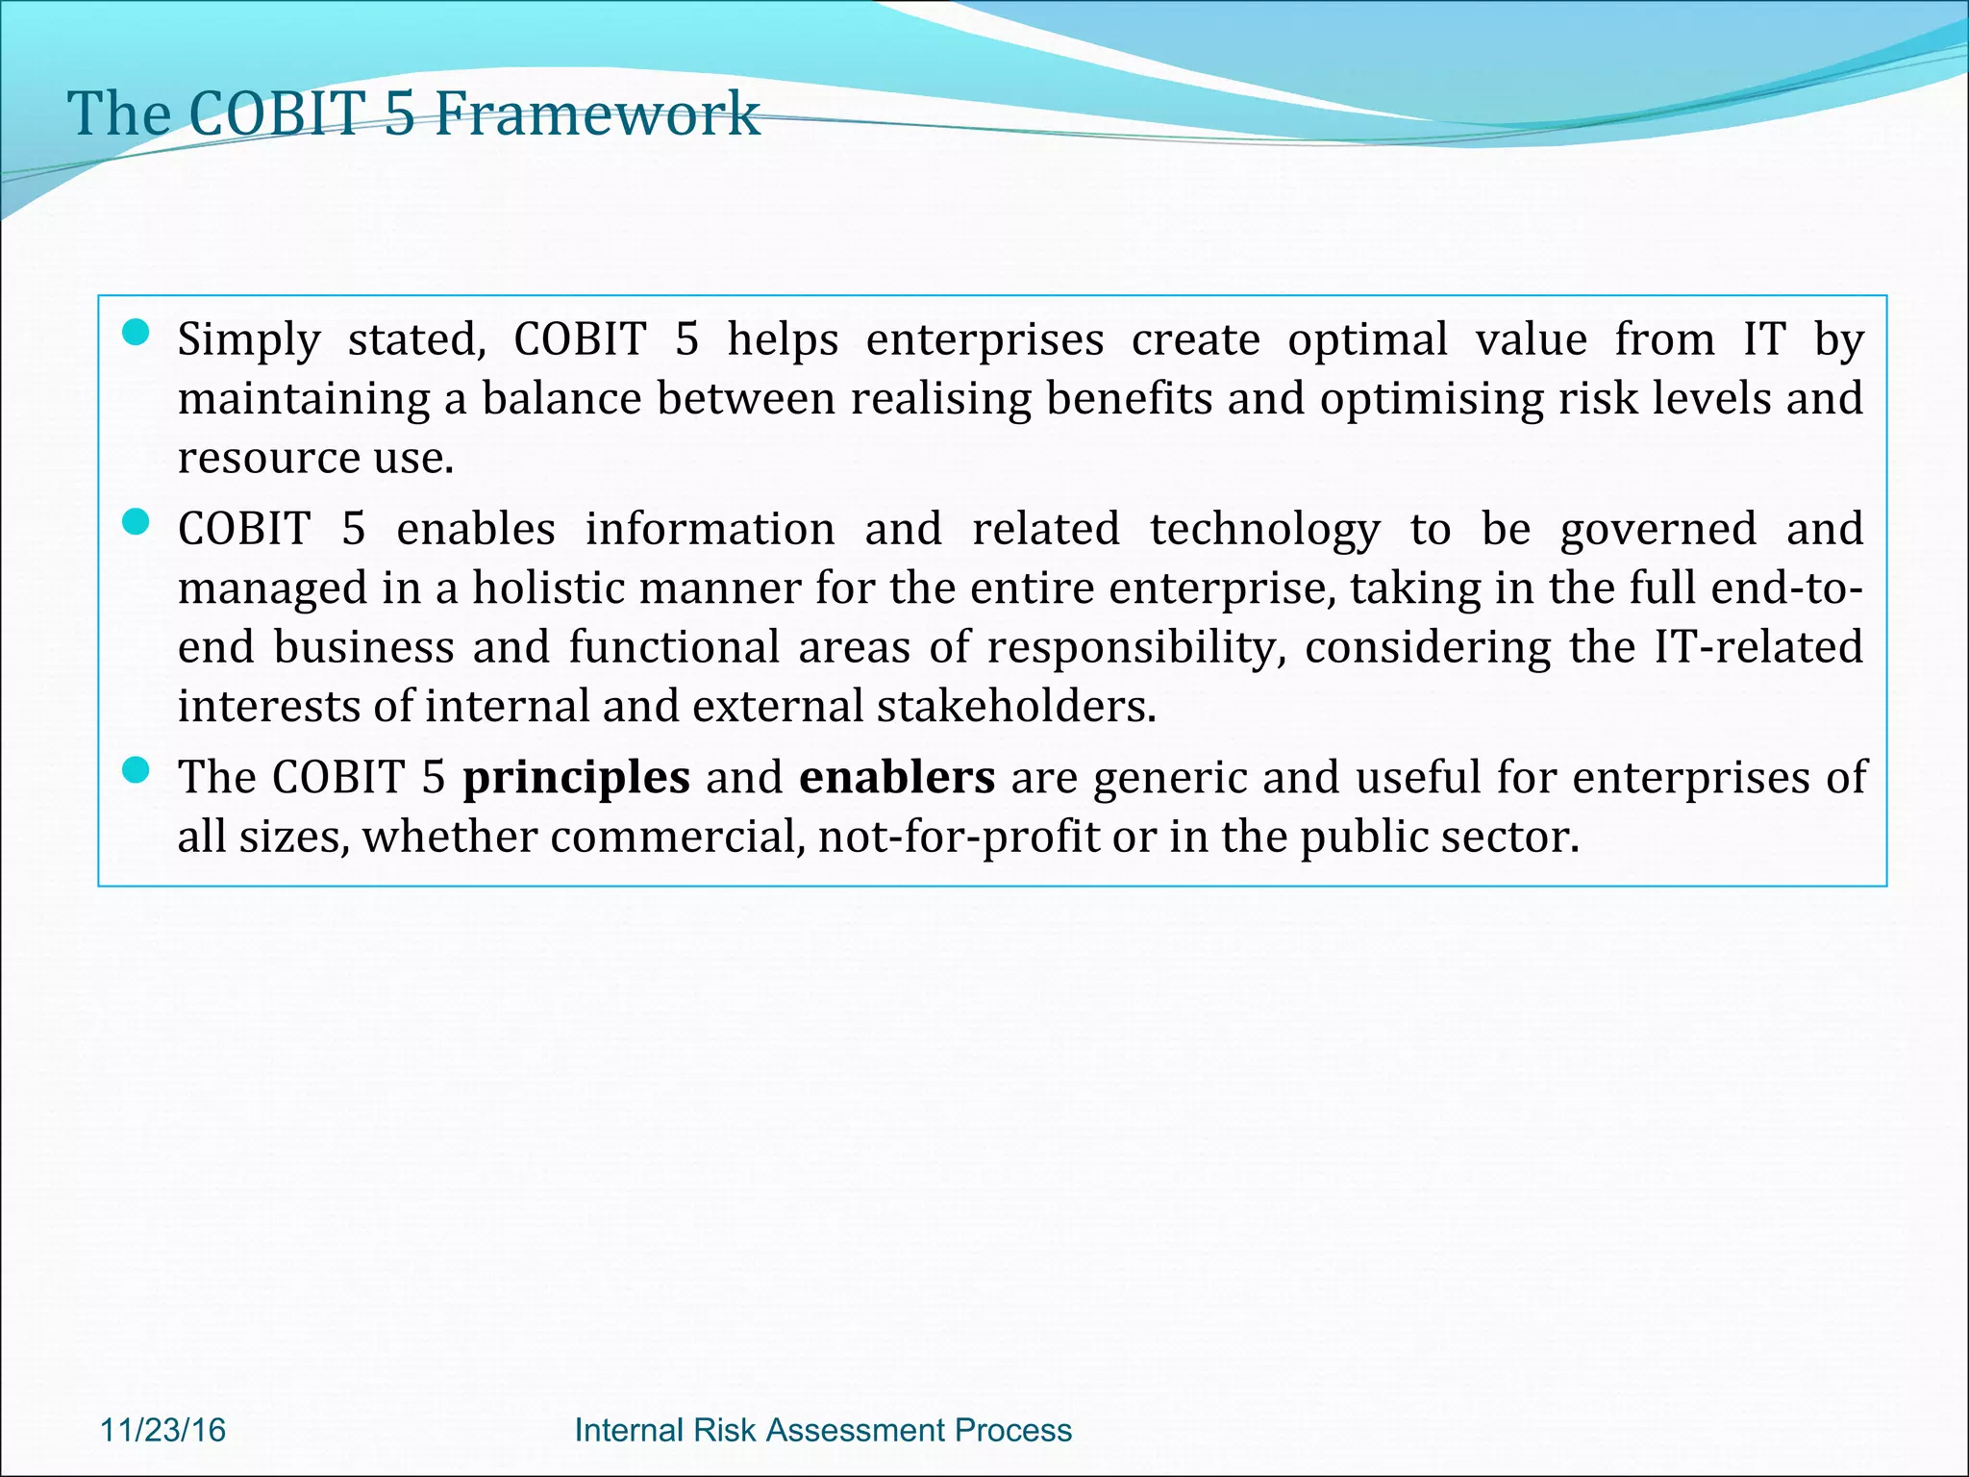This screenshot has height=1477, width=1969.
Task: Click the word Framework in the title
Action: tap(597, 114)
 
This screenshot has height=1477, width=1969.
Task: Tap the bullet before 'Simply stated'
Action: tap(137, 334)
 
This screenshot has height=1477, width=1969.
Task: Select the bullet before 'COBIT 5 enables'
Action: tap(137, 523)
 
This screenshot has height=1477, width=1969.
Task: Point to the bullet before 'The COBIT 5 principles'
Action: tap(137, 770)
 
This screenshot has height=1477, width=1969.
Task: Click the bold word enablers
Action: tap(896, 777)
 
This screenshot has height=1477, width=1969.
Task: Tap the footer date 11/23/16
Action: tap(162, 1430)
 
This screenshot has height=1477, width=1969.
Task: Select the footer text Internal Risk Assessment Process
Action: tap(822, 1430)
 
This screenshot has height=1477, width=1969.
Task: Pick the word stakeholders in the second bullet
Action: tap(1014, 707)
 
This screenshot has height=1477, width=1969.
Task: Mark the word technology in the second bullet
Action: tap(1264, 531)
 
